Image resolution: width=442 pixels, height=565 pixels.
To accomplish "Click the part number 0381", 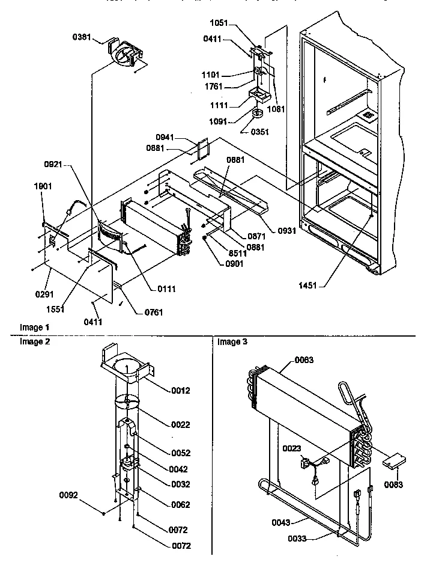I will pyautogui.click(x=82, y=37).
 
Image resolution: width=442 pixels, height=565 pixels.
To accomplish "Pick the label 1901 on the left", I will pyautogui.click(x=44, y=186).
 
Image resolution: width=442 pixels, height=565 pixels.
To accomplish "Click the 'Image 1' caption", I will pyautogui.click(x=32, y=328).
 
